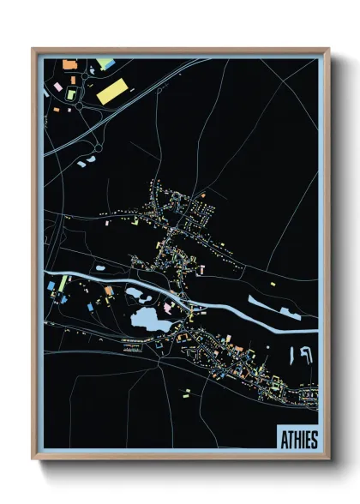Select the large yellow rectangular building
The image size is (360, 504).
pos(112,92)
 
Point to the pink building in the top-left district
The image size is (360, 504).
pos(58,87)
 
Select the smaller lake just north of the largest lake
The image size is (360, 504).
pos(137,296)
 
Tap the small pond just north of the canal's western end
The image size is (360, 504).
pos(102,267)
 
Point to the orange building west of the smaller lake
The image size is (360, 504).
pos(108,291)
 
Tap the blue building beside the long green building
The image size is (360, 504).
pos(51,284)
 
